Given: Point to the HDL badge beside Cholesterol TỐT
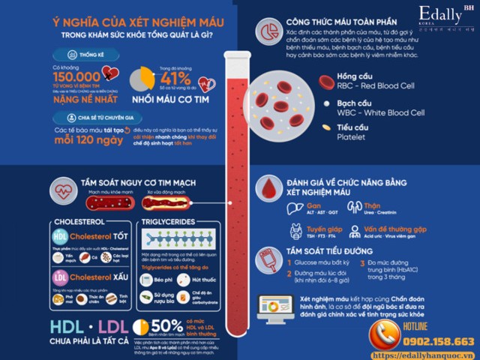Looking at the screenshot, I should point(59,238).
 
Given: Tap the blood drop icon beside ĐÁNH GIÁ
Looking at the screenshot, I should point(269,186).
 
